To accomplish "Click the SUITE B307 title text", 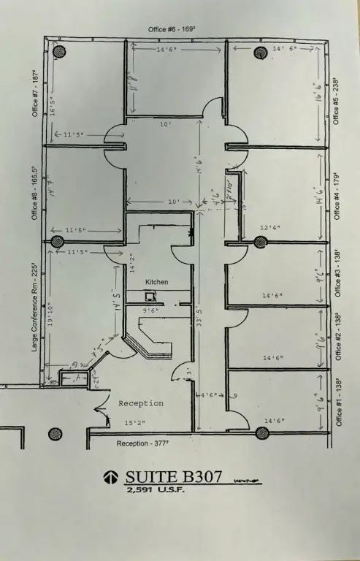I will tap(175, 477).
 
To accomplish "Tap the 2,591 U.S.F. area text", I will tap(156, 490).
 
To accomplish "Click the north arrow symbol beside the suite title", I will tap(111, 478).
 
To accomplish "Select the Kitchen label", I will tap(157, 281).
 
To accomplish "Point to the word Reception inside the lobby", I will tap(141, 403).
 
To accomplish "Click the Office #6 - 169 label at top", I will tap(172, 28).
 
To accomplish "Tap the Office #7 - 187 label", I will tap(34, 93).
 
